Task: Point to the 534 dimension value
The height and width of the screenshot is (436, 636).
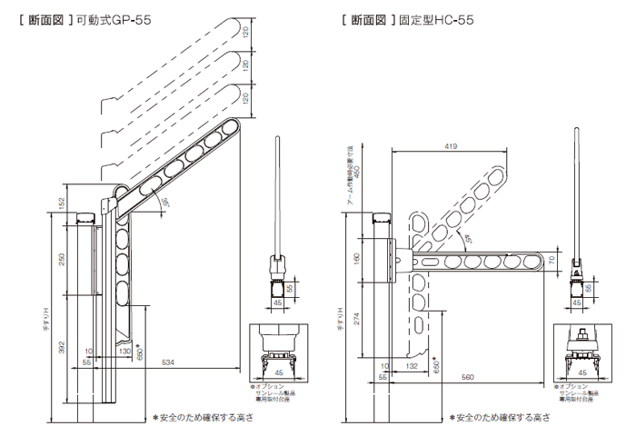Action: (169, 362)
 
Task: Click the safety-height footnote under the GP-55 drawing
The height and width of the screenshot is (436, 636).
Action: (202, 419)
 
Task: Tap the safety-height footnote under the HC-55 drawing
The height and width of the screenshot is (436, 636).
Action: (498, 419)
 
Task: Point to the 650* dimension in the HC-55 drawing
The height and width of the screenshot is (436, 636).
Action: (437, 366)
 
